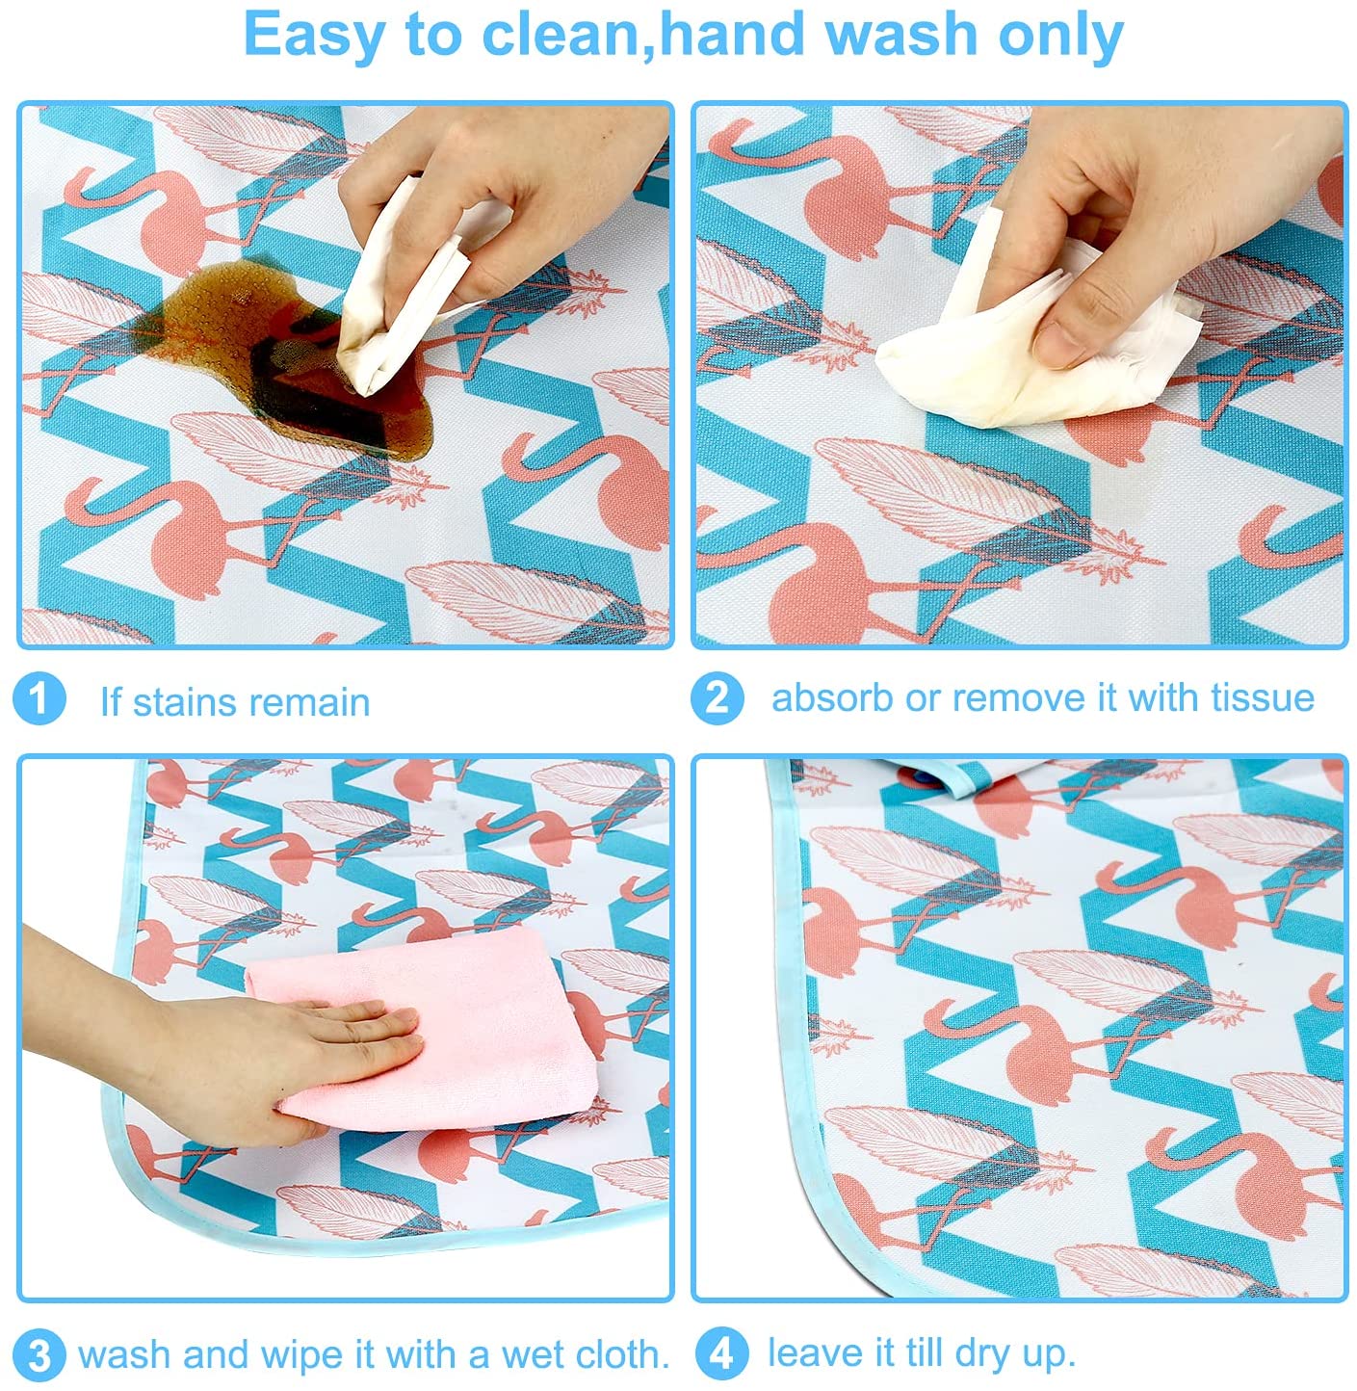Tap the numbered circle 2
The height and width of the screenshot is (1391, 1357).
point(717,698)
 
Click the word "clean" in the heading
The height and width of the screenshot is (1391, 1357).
point(559,35)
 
